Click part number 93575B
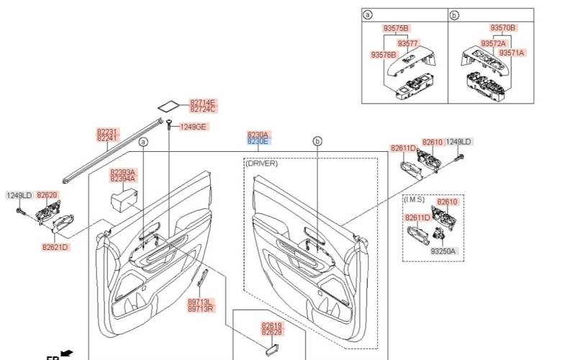396,28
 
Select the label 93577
408,44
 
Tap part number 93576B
384,55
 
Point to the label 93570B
503,28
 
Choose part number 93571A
512,53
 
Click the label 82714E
203,103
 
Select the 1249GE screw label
193,127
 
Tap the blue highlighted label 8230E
258,142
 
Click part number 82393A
122,173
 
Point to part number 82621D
55,247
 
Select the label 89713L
199,302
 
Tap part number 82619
271,325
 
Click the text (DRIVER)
261,163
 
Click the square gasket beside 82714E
169,104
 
